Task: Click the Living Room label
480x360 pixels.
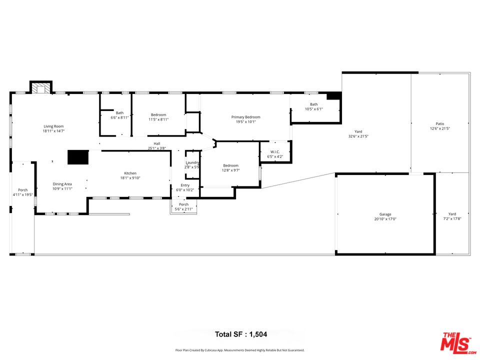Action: click(x=53, y=126)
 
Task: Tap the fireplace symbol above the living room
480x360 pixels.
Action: click(x=41, y=88)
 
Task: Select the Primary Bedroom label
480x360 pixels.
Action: click(x=245, y=117)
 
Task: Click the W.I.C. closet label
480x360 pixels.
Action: click(x=274, y=152)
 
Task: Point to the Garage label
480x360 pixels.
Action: click(x=385, y=214)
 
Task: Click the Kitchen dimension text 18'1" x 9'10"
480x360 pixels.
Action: click(x=130, y=178)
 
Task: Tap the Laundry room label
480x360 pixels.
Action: click(x=192, y=162)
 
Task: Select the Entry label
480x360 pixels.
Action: click(x=185, y=185)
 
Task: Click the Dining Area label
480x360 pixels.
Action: click(x=62, y=184)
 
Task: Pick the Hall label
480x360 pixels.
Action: click(x=157, y=143)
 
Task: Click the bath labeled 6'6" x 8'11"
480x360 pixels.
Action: click(x=119, y=113)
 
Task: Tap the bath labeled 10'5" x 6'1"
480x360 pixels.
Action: click(x=313, y=104)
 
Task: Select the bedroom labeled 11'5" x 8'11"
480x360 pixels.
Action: click(x=158, y=115)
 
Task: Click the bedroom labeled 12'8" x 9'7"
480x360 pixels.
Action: click(x=230, y=165)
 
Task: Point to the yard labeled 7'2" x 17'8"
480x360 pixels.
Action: click(x=452, y=214)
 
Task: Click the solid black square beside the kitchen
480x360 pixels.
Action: click(x=77, y=157)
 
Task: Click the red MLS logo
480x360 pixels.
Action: click(x=455, y=342)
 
